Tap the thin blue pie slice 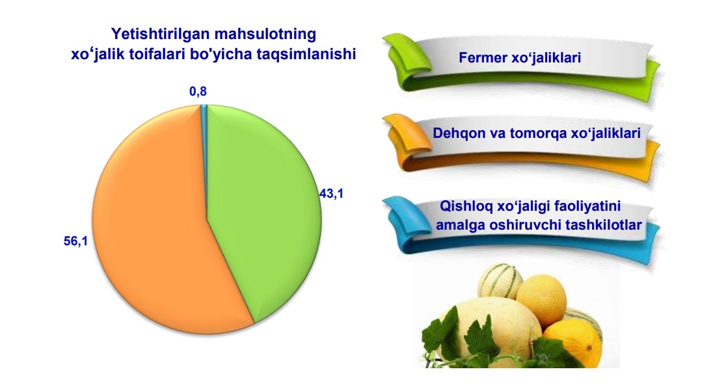pyautogui.click(x=204, y=137)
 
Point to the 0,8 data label pyautogui.click(x=198, y=92)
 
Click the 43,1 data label pyautogui.click(x=331, y=194)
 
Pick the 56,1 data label pyautogui.click(x=75, y=241)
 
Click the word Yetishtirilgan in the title pyautogui.click(x=161, y=34)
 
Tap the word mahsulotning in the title pyautogui.click(x=265, y=34)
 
